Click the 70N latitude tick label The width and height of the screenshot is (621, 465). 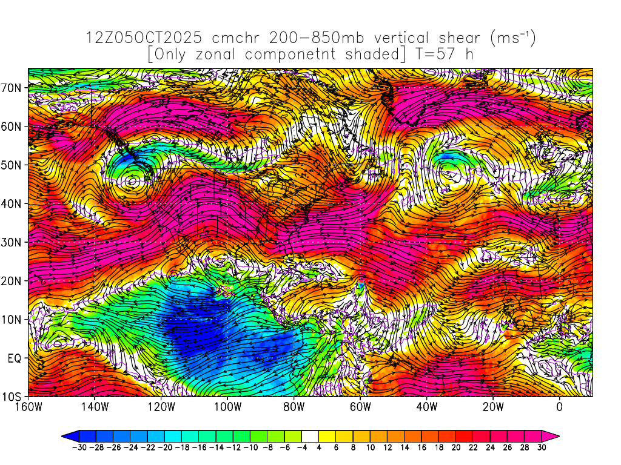[14, 88]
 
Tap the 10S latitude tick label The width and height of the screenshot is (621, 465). [14, 397]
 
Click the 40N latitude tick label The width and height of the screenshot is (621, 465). [14, 203]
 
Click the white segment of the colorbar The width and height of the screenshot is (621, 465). [310, 435]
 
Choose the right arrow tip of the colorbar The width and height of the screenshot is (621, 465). [557, 435]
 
